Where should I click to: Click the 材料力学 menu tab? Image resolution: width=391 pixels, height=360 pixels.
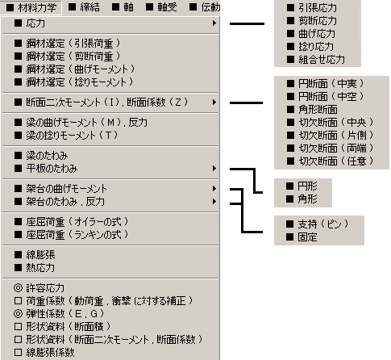(x=31, y=7)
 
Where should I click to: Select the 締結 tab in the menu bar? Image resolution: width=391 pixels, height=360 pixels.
(x=84, y=7)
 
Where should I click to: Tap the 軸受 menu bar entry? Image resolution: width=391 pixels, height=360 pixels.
(x=161, y=7)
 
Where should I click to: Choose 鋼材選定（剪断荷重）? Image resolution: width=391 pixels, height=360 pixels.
(x=67, y=57)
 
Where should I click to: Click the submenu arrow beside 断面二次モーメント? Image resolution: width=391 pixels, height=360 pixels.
(x=214, y=103)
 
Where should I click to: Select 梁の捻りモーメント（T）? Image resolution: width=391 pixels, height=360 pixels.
(x=66, y=136)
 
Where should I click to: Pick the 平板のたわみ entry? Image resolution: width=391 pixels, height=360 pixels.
(x=46, y=169)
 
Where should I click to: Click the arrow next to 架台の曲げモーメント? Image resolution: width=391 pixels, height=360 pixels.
(x=214, y=189)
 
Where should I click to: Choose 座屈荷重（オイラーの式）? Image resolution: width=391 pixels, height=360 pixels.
(x=72, y=222)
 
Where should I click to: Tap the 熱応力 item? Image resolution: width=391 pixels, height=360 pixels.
(x=35, y=268)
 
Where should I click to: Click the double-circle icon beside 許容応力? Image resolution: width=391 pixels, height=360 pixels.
(x=18, y=288)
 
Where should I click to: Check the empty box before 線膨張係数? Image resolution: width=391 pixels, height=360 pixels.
(x=18, y=353)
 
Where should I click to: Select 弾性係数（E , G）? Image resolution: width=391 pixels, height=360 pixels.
(x=59, y=314)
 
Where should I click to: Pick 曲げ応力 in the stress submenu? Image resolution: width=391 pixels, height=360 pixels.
(x=311, y=34)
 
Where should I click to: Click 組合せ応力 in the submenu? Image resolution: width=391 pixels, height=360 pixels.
(x=316, y=60)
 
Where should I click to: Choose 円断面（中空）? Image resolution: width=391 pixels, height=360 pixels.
(x=325, y=97)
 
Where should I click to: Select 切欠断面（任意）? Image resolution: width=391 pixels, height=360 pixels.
(x=330, y=161)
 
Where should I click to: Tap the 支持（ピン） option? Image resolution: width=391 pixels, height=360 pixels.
(x=317, y=224)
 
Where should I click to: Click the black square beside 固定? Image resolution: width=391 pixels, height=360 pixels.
(x=289, y=237)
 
